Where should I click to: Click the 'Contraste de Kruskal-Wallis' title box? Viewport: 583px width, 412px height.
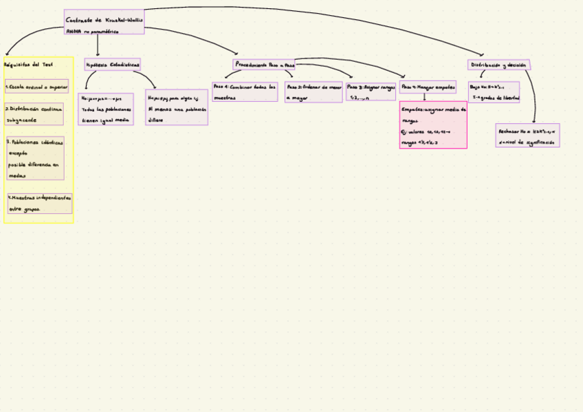(104, 21)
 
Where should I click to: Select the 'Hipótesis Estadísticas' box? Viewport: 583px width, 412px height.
(113, 65)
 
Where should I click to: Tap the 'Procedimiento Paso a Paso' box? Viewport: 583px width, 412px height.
(265, 65)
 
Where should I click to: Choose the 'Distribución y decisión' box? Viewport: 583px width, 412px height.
(498, 65)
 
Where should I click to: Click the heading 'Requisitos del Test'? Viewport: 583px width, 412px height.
(29, 65)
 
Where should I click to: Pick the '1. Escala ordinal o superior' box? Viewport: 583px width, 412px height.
(36, 87)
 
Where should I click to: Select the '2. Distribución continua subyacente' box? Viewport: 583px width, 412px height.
(34, 114)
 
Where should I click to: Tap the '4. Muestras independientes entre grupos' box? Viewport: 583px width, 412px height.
(39, 203)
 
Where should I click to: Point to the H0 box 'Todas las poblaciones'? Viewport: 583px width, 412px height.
(105, 109)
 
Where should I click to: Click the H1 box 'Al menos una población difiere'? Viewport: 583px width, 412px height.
(176, 108)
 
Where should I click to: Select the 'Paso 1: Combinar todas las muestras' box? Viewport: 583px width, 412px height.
(245, 92)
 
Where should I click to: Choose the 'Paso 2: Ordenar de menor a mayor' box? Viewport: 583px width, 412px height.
(313, 92)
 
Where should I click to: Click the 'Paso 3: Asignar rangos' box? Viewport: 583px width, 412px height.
(371, 92)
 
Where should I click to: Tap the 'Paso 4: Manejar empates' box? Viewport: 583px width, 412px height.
(428, 87)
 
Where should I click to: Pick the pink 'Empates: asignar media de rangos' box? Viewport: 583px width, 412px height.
(433, 125)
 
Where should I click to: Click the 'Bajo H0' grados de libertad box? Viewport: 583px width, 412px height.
(494, 92)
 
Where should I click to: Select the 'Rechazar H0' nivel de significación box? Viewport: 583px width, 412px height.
(527, 135)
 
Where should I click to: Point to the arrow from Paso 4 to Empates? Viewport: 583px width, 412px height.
(424, 98)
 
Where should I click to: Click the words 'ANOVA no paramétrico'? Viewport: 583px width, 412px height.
(92, 31)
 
